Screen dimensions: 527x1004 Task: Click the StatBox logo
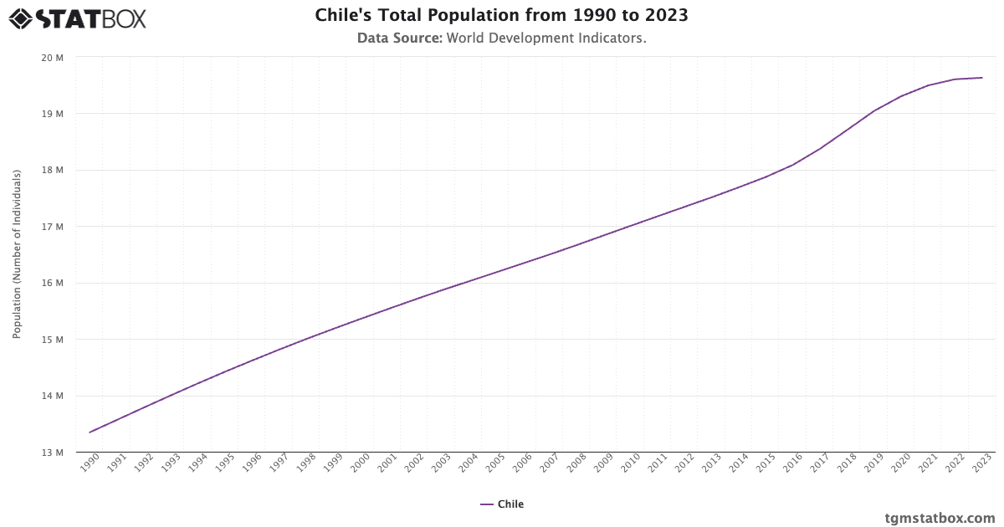77,18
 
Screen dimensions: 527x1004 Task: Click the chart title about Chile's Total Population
502,15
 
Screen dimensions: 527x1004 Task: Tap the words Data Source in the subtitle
399,38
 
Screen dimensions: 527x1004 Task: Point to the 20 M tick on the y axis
53,58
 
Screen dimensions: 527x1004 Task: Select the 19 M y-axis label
53,114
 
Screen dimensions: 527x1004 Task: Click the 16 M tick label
53,283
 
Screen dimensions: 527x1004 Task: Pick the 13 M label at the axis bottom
53,453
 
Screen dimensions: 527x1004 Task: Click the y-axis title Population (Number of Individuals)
17,254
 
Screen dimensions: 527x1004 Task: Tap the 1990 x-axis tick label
90,463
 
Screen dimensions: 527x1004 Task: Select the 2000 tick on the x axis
360,463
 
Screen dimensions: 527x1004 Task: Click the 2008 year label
576,463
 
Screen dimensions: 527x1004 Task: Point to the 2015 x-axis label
766,463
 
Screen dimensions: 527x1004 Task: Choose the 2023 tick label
981,463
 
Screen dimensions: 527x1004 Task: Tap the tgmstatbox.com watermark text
940,518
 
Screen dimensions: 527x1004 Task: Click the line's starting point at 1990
90,432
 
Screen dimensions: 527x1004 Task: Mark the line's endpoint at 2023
982,78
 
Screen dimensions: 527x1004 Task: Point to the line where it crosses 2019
874,110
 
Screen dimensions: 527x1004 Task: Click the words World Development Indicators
546,38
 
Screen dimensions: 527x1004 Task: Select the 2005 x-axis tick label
495,463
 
